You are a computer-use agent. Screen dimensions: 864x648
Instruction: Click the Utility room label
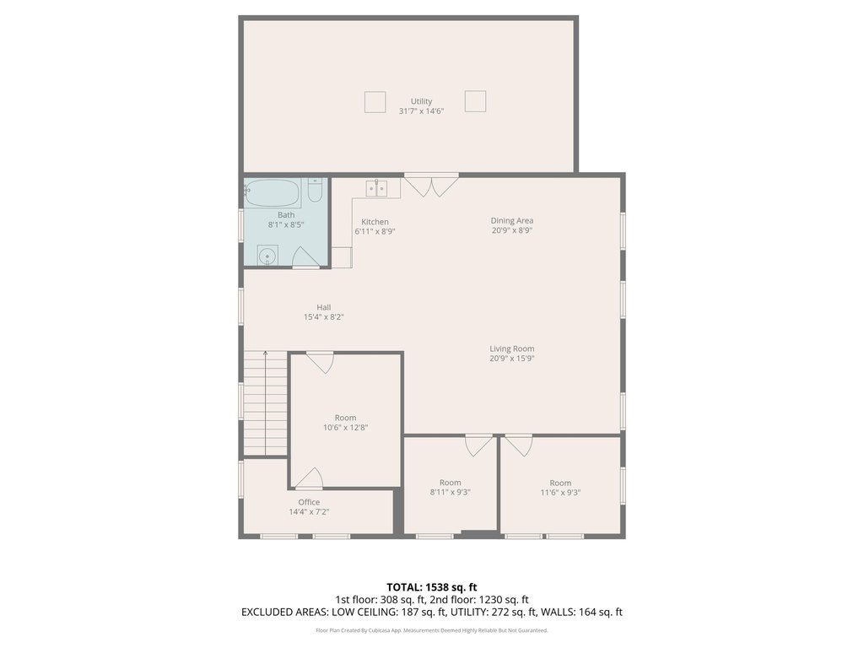click(x=421, y=101)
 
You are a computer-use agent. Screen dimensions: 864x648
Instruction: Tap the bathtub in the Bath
click(x=273, y=193)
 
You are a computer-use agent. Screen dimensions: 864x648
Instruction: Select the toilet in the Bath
click(x=316, y=190)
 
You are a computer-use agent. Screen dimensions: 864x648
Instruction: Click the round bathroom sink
click(x=267, y=256)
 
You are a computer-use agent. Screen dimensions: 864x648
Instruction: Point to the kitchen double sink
click(x=376, y=188)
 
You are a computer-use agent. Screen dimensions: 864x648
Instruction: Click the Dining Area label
click(x=512, y=220)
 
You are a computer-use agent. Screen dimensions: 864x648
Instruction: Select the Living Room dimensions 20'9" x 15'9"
click(x=512, y=358)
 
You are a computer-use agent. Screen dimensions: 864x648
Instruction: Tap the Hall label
click(x=323, y=307)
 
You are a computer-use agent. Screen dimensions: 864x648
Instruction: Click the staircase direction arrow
click(x=266, y=402)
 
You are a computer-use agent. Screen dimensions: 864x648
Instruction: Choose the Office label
click(x=309, y=502)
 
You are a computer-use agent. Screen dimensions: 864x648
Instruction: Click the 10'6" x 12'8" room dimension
click(x=345, y=427)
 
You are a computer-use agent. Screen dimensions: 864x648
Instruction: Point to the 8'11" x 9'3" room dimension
click(x=451, y=492)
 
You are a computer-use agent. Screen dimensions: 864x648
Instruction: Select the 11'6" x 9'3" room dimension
click(x=560, y=492)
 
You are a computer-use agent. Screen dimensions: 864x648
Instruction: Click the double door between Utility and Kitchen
click(x=431, y=185)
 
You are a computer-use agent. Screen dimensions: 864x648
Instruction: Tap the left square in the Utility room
click(x=375, y=102)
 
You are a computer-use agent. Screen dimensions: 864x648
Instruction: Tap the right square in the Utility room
click(x=475, y=101)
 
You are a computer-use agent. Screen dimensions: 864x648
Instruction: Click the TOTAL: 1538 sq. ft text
click(x=431, y=587)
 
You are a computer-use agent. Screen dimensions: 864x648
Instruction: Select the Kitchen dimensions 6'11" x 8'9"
click(x=375, y=231)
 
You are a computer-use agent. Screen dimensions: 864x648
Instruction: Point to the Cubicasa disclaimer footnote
click(x=431, y=630)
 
